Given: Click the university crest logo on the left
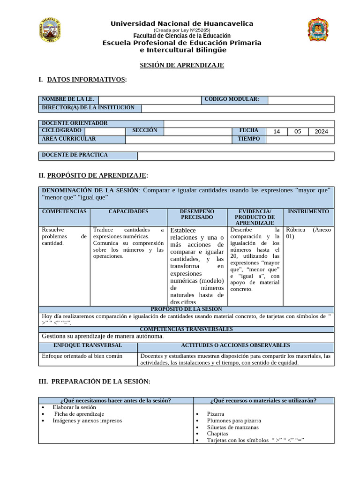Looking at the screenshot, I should pyautogui.click(x=49, y=30).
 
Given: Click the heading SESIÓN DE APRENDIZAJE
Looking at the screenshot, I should pyautogui.click(x=182, y=65).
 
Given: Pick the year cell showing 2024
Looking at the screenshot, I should pyautogui.click(x=321, y=131).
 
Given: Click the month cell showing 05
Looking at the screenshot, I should pyautogui.click(x=298, y=131).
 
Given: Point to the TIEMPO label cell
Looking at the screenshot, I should pyautogui.click(x=248, y=139).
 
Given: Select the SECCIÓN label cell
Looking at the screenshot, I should pyautogui.click(x=145, y=130).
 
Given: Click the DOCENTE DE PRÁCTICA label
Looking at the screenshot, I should pyautogui.click(x=75, y=155).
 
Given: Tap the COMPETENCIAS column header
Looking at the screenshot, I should pyautogui.click(x=64, y=211).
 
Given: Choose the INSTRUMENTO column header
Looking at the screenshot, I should pyautogui.click(x=308, y=211).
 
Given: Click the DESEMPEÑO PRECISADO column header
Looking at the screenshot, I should pyautogui.click(x=197, y=214).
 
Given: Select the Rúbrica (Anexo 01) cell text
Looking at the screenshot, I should pyautogui.click(x=308, y=233).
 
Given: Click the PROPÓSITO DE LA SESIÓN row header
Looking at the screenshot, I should pyautogui.click(x=186, y=309).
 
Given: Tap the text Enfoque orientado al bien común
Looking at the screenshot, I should pyautogui.click(x=82, y=356).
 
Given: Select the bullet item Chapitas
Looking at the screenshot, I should pyautogui.click(x=217, y=434).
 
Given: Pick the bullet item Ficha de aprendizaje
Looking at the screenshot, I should pyautogui.click(x=79, y=414).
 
